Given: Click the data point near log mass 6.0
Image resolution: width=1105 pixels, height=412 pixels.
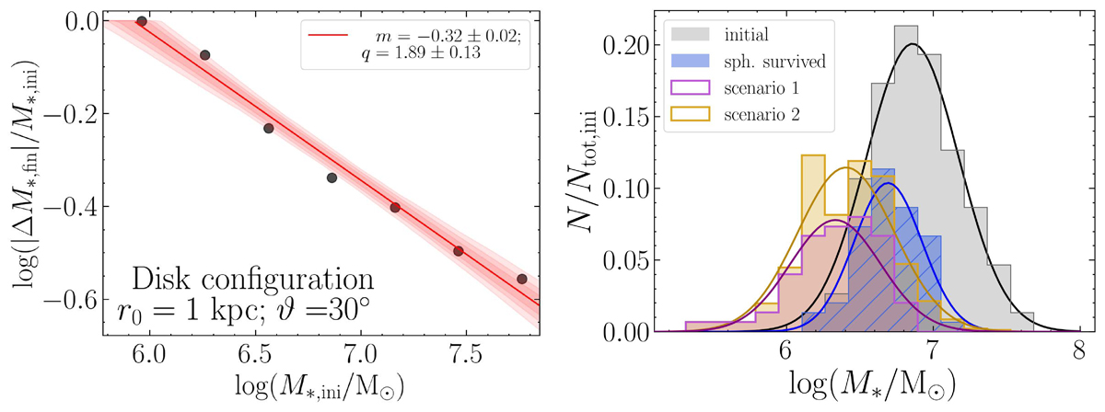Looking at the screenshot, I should [141, 21].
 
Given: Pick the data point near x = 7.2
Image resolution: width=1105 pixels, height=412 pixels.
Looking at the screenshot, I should [395, 208].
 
